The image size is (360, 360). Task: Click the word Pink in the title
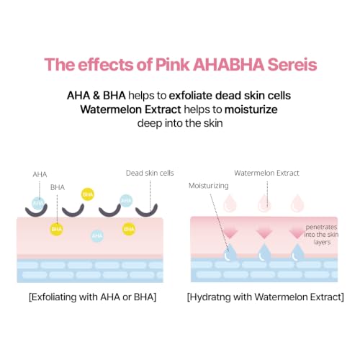click(172, 65)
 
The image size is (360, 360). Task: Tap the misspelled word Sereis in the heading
click(292, 65)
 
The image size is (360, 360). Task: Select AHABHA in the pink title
click(228, 65)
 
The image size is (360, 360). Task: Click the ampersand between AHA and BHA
click(96, 96)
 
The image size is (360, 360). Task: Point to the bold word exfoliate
click(190, 96)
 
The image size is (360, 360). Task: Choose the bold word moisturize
click(251, 109)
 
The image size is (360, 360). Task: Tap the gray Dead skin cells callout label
click(150, 173)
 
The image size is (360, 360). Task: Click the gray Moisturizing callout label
click(209, 186)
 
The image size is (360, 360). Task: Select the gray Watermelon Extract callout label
click(266, 173)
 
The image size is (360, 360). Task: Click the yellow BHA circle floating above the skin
click(88, 194)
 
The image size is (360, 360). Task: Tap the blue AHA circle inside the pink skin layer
click(97, 235)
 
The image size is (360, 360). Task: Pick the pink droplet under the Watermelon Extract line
click(264, 203)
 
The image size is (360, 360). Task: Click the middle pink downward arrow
click(264, 233)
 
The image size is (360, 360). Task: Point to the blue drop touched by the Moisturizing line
click(230, 253)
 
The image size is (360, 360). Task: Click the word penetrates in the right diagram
click(321, 227)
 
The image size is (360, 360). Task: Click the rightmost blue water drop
click(297, 253)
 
